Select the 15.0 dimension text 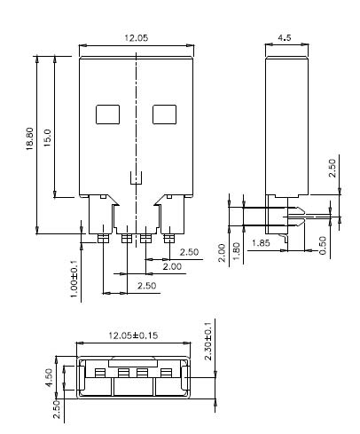click(x=48, y=138)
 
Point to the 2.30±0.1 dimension click(x=207, y=341)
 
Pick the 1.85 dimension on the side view click(x=262, y=242)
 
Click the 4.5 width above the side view click(x=286, y=38)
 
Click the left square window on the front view click(x=107, y=114)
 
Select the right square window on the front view click(x=165, y=114)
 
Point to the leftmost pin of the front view click(x=103, y=237)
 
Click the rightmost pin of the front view click(x=168, y=237)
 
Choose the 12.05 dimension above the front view click(x=136, y=38)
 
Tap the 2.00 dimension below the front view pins click(x=170, y=266)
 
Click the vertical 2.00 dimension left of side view click(x=222, y=255)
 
